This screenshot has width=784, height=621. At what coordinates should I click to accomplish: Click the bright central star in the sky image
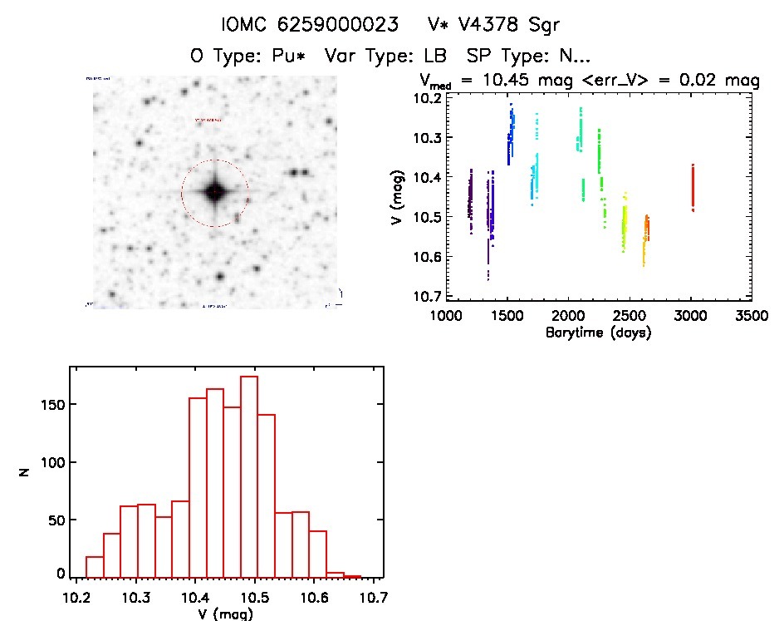pos(214,192)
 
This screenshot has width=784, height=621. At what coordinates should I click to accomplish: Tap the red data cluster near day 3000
pos(692,187)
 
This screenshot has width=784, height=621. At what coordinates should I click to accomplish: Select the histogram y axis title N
pos(25,472)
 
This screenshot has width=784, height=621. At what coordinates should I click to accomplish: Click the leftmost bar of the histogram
pos(96,567)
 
